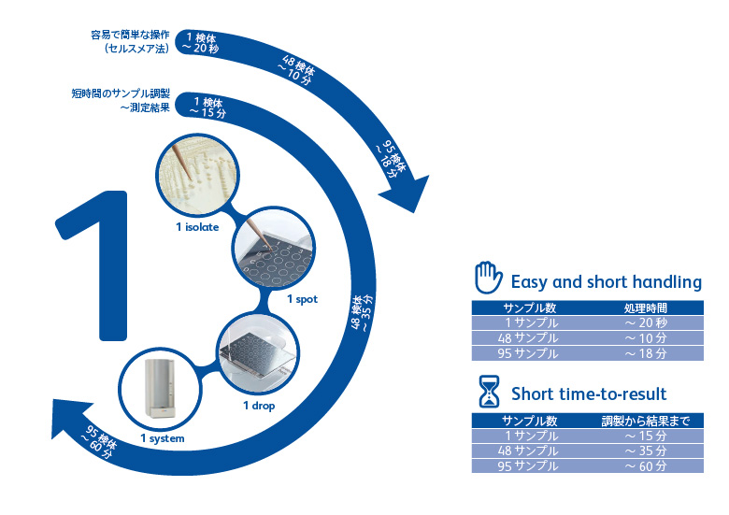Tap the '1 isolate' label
[197, 227]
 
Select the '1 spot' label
[302, 299]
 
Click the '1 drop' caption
[259, 406]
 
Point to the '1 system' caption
[163, 438]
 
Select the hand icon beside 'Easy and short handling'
[488, 278]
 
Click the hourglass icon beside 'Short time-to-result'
[489, 392]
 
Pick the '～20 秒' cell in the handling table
[646, 323]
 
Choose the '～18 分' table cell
[646, 353]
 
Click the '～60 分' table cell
[646, 465]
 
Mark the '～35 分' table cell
[646, 451]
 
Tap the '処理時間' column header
[645, 308]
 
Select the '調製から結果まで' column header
[645, 421]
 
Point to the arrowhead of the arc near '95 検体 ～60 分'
[70, 416]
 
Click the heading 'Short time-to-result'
[589, 394]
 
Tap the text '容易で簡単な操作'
[130, 35]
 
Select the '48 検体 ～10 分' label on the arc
[296, 71]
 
